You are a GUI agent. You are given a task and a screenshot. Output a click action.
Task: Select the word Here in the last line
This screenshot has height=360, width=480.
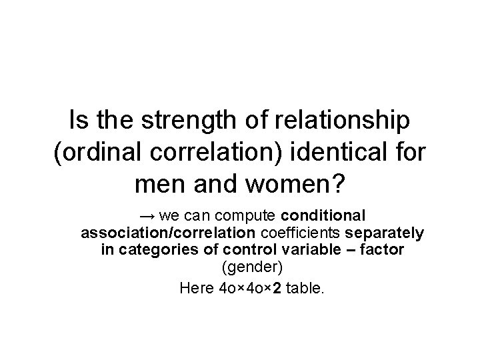pos(193,289)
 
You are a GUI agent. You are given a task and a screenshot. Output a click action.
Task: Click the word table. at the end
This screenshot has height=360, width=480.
pos(305,289)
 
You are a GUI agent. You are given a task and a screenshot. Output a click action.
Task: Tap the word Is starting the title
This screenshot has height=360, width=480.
pos(79,122)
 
